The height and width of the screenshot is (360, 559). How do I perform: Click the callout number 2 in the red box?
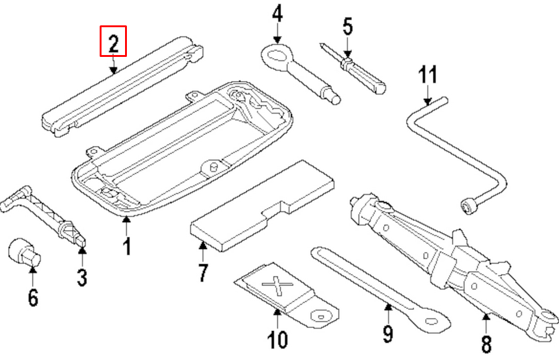click(x=113, y=41)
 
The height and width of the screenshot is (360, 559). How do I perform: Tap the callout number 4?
click(x=277, y=13)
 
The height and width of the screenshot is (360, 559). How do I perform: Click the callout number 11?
click(x=427, y=77)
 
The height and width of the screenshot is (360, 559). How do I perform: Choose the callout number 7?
click(x=202, y=272)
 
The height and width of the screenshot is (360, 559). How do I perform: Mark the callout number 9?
click(x=388, y=333)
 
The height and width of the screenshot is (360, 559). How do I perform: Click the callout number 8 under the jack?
click(x=487, y=343)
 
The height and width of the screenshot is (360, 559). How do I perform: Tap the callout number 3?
click(x=82, y=276)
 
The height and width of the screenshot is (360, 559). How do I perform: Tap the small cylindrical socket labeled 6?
click(x=24, y=252)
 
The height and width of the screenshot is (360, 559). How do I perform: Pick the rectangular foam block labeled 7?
click(x=263, y=207)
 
